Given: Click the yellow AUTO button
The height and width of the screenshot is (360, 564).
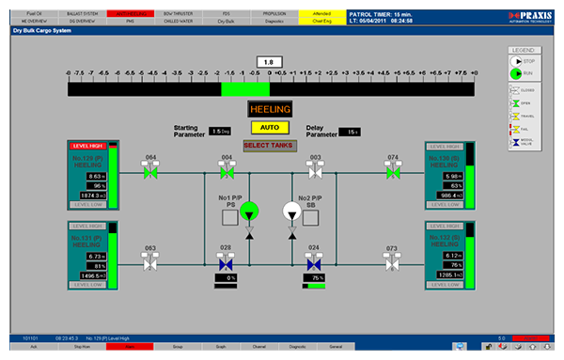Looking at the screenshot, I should (269, 128).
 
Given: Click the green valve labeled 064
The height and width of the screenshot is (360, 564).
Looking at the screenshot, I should (149, 172).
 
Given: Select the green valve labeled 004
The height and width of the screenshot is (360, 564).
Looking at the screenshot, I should (226, 172).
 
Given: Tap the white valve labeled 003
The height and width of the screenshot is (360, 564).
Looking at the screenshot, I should (316, 172).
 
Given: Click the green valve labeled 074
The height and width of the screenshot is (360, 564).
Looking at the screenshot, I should (392, 172).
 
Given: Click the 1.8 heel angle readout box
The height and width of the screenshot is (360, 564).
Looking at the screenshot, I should (269, 62).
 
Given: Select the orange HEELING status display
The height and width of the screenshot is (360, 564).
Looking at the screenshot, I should (269, 110).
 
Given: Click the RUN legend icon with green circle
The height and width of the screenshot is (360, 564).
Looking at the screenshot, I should (516, 72).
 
